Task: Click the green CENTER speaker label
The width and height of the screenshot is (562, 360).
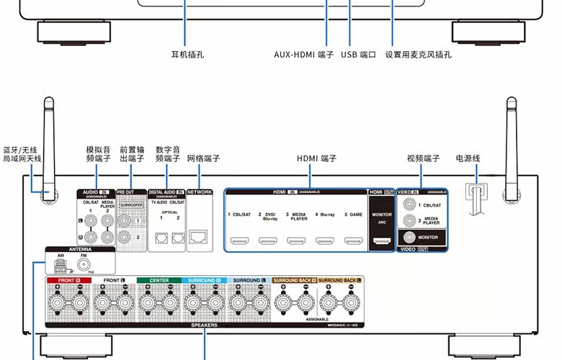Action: tap(158, 279)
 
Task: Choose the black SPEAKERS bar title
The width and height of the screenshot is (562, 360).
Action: tap(204, 325)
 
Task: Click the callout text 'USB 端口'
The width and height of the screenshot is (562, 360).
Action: tap(358, 54)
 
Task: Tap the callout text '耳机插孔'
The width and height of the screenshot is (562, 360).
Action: tap(187, 54)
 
